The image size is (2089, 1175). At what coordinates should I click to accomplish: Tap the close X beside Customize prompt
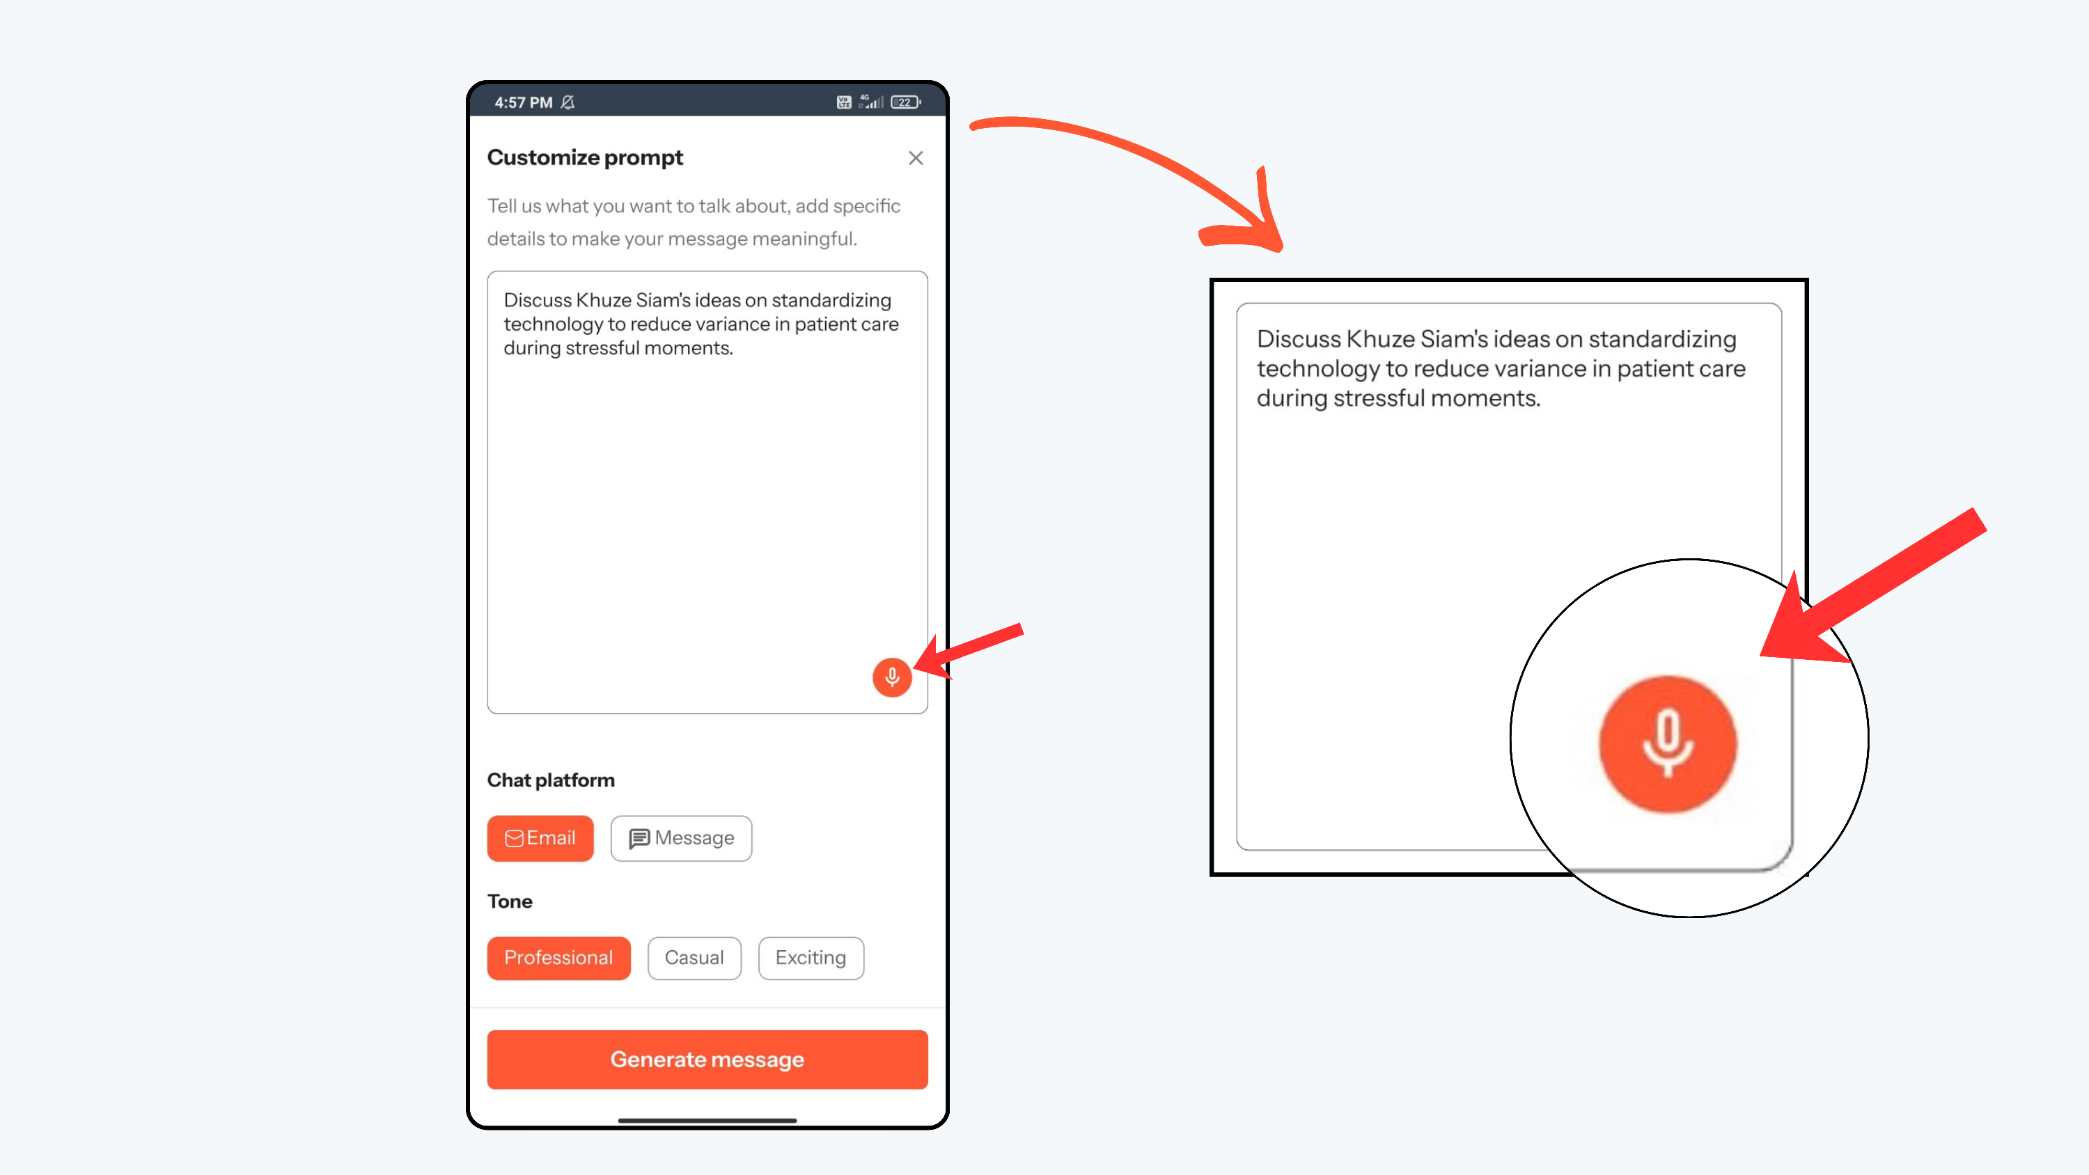[916, 158]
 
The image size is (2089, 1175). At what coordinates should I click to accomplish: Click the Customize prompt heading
[585, 157]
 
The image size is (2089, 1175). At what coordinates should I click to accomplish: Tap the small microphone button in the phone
[892, 677]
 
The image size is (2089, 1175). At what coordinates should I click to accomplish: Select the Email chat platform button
[540, 837]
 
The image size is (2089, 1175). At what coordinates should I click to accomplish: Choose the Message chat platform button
[681, 837]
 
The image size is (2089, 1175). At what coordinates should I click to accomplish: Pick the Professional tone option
[558, 958]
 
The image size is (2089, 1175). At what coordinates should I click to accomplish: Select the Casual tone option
[694, 958]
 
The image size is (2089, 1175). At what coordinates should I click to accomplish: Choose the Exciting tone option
[811, 958]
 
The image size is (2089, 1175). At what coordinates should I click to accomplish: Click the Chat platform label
[551, 780]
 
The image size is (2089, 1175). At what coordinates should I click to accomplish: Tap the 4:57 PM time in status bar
[523, 103]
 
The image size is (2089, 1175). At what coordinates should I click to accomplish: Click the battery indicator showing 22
[905, 102]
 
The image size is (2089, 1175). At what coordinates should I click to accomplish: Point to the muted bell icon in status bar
[568, 102]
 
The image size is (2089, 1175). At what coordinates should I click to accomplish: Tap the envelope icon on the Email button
[514, 839]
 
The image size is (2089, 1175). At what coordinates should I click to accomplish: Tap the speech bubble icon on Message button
[639, 839]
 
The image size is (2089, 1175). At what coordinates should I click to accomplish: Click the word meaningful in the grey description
[803, 238]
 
